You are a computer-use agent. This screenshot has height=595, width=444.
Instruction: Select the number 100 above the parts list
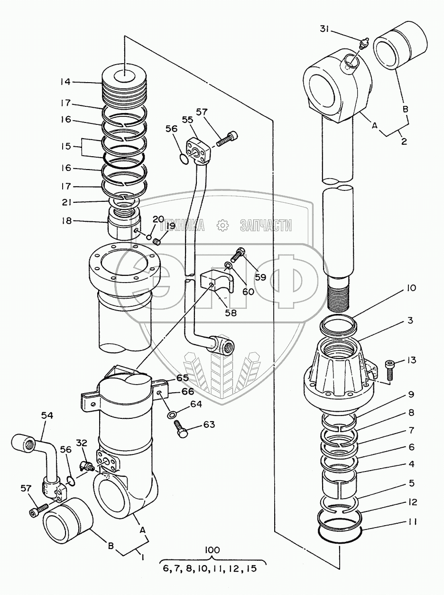click(212, 550)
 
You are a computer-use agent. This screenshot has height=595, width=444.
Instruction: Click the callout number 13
click(411, 360)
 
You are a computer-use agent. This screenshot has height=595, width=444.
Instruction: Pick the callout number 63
click(209, 424)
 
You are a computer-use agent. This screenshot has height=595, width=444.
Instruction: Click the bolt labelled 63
click(183, 431)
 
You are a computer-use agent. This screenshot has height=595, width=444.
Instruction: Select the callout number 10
click(411, 288)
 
